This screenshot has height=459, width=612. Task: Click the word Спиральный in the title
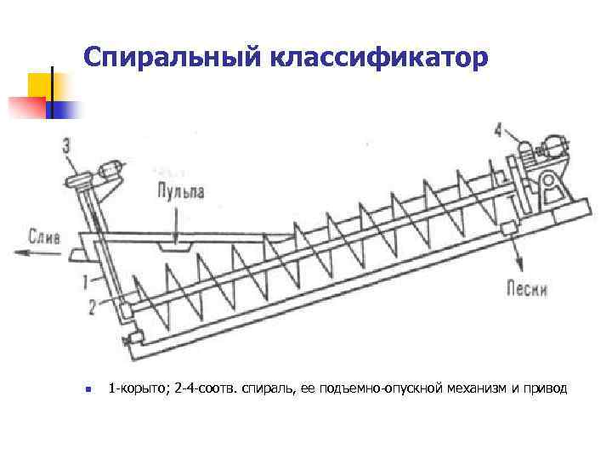(x=175, y=59)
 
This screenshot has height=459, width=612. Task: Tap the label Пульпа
(x=179, y=191)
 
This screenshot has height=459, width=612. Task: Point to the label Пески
(x=527, y=288)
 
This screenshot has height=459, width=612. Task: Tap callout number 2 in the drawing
(x=92, y=307)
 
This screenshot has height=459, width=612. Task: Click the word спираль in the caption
(x=268, y=389)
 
